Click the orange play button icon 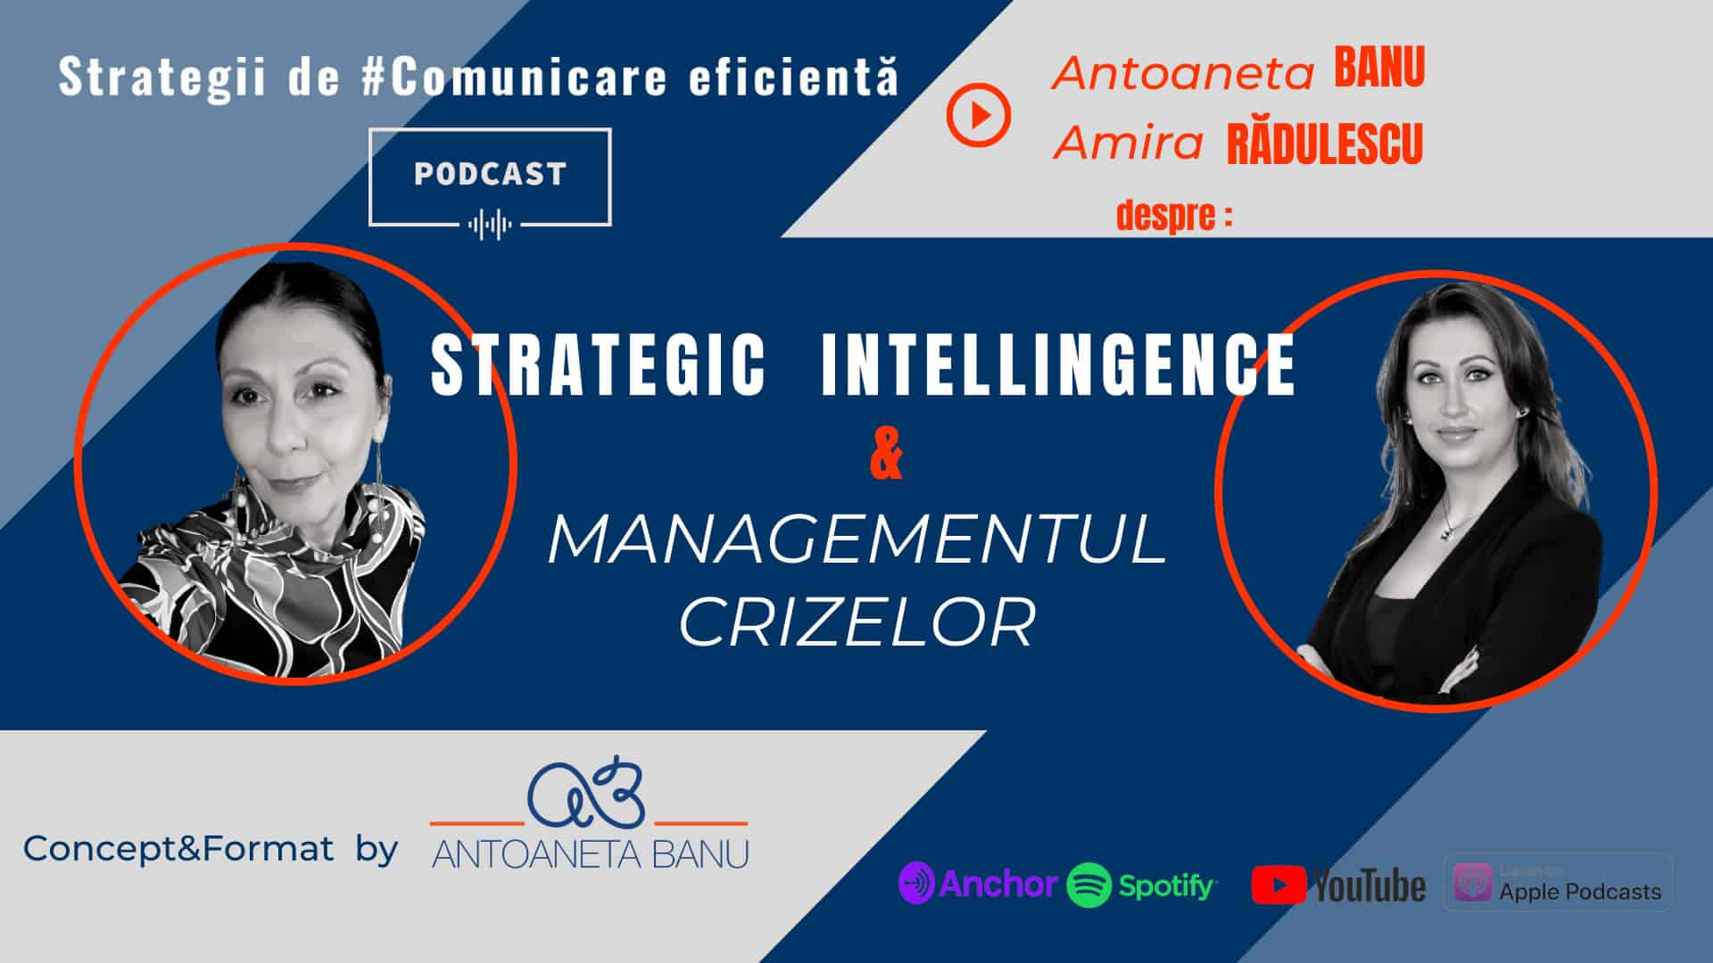click(978, 115)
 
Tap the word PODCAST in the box click(490, 174)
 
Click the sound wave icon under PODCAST click(490, 224)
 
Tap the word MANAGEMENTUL click(857, 539)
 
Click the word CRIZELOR click(857, 621)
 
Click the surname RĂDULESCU click(1325, 145)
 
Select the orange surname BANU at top click(1379, 69)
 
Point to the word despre click(1165, 216)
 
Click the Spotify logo click(1141, 885)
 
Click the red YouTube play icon click(1279, 885)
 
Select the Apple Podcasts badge click(1558, 883)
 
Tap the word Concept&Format click(178, 848)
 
